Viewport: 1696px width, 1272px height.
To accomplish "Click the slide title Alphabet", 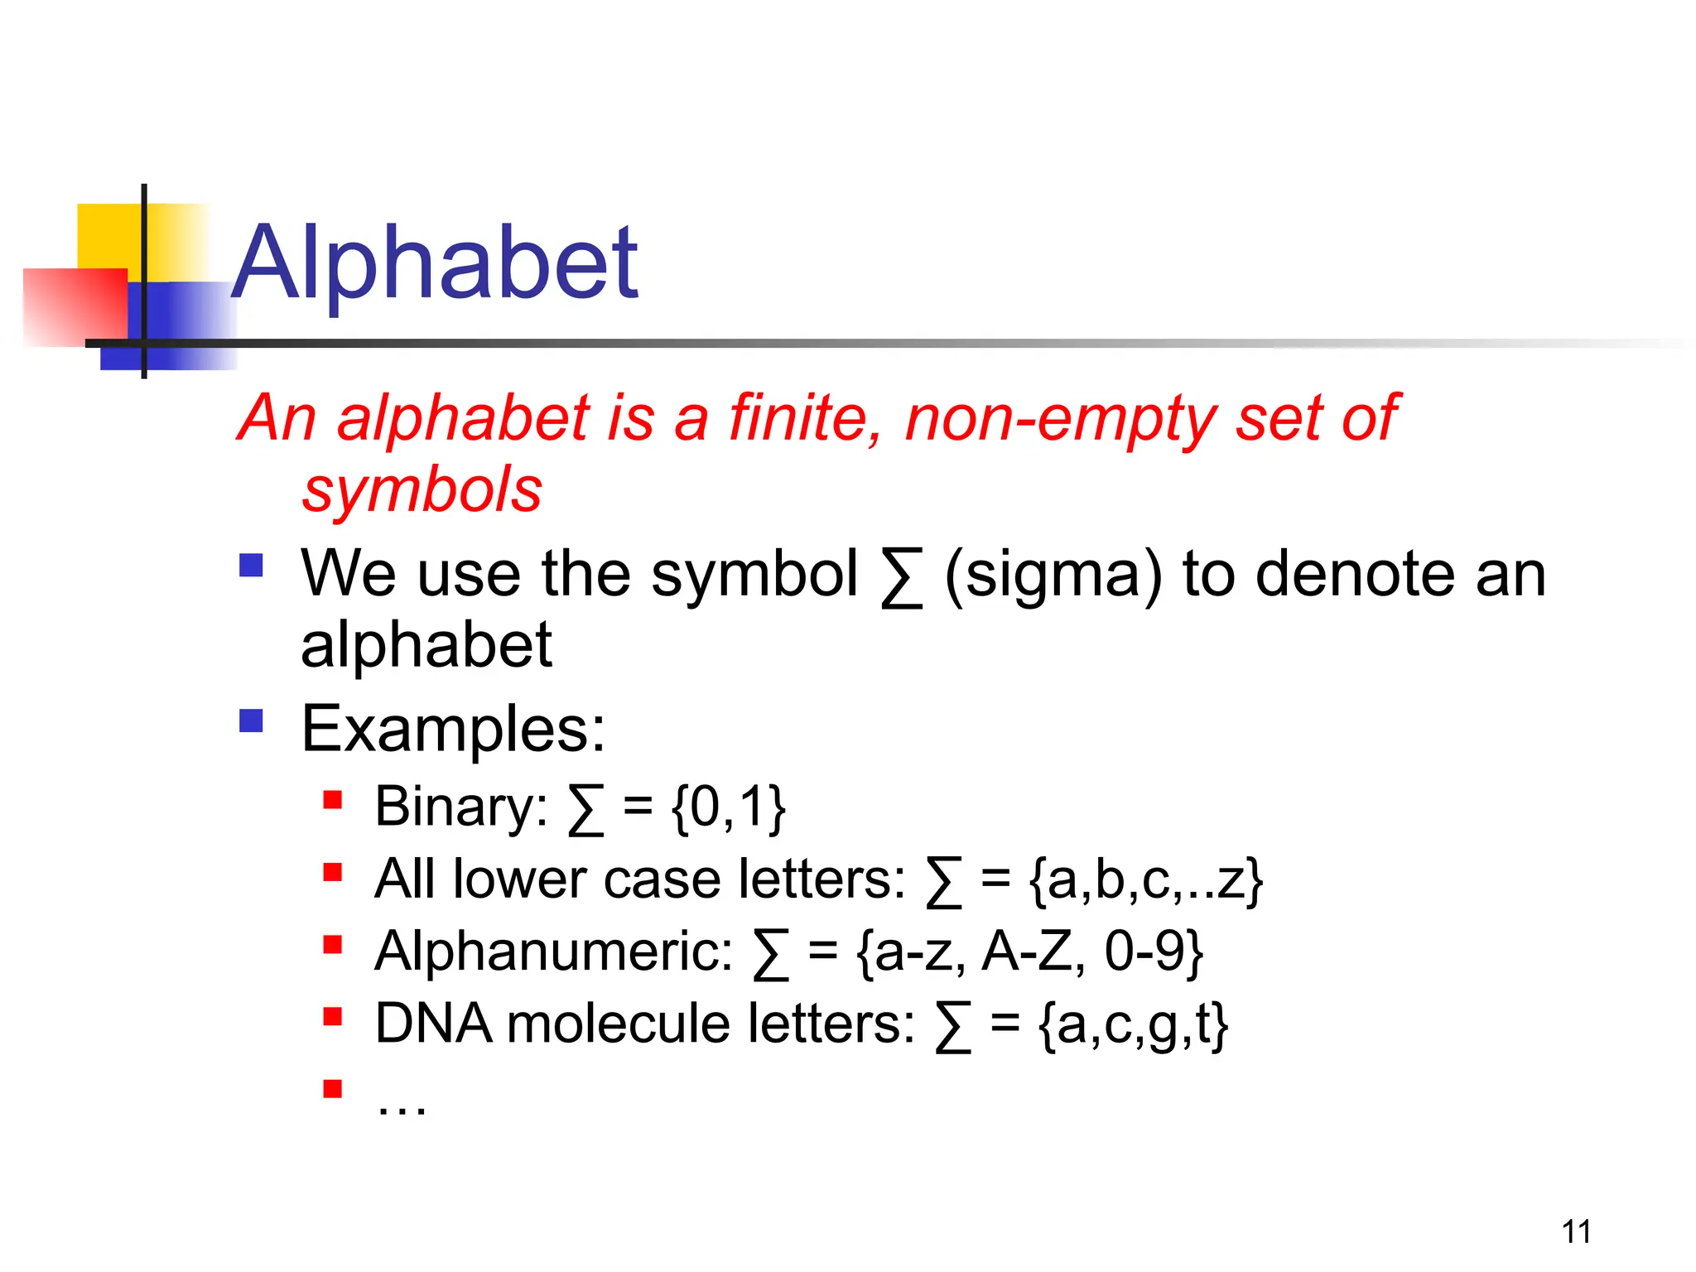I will [x=435, y=263].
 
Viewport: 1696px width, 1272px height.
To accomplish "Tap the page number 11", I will [x=1576, y=1232].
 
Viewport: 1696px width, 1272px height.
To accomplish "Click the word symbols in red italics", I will [x=422, y=490].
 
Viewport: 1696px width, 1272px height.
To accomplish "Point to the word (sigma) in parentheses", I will [x=1053, y=575].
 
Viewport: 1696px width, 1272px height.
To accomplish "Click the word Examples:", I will [x=453, y=730].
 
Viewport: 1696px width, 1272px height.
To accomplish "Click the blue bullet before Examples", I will [x=251, y=720].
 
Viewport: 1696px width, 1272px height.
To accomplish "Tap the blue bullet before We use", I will [x=251, y=566].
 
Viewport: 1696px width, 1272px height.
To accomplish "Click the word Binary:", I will [x=460, y=807].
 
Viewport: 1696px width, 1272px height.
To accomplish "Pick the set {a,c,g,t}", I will [x=1133, y=1025].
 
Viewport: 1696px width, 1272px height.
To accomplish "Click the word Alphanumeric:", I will [x=553, y=952].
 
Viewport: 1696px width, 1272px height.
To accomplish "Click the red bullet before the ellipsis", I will [x=333, y=1088].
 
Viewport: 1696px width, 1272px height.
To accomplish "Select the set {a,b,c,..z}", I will [x=1145, y=880].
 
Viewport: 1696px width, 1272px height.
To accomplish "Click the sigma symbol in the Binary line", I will [x=585, y=810].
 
